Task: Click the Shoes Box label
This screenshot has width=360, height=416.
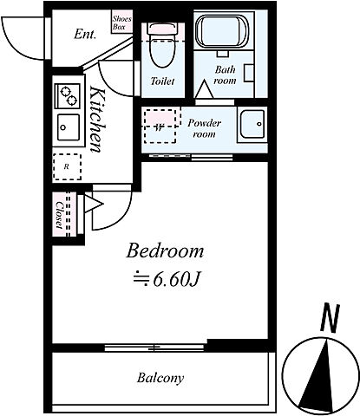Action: click(122, 23)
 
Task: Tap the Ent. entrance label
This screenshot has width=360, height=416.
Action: click(85, 35)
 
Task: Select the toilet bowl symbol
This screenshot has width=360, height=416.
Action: click(162, 45)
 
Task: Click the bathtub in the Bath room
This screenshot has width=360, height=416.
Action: click(222, 31)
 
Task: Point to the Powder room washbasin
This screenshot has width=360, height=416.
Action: click(252, 124)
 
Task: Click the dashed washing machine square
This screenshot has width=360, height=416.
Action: click(160, 126)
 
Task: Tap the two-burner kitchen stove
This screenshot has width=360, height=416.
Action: click(68, 96)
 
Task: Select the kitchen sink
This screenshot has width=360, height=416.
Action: click(69, 127)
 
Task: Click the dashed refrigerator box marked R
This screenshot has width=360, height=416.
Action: click(67, 167)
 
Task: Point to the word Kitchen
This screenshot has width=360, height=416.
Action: click(97, 119)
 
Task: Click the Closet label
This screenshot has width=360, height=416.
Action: click(59, 215)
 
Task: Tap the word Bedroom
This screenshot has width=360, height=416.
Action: click(165, 250)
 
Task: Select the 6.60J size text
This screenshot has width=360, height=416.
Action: click(167, 279)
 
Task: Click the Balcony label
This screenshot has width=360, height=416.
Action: click(160, 378)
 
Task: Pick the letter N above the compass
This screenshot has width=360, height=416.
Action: click(330, 318)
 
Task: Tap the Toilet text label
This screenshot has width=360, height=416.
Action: click(162, 81)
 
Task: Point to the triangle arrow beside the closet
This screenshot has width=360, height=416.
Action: click(93, 205)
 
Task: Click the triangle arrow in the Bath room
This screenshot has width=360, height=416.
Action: click(204, 89)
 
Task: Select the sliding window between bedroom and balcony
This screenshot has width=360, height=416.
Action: click(154, 348)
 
